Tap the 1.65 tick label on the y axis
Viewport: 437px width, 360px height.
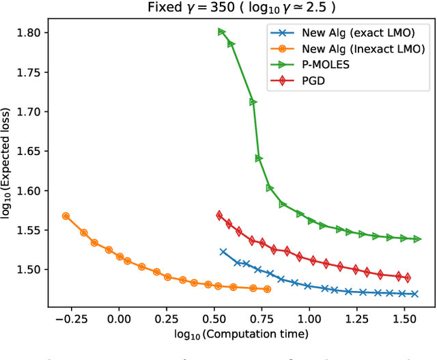point(29,151)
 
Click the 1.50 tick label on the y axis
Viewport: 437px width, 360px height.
point(29,269)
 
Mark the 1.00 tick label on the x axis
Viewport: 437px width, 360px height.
point(309,319)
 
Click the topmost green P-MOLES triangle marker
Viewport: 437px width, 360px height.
point(221,31)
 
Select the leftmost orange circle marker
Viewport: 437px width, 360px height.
point(66,216)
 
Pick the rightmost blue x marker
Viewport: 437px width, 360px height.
point(414,294)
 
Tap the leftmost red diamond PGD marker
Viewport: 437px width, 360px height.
point(219,215)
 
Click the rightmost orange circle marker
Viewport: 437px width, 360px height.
point(266,289)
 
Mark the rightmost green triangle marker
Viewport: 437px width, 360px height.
point(417,239)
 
